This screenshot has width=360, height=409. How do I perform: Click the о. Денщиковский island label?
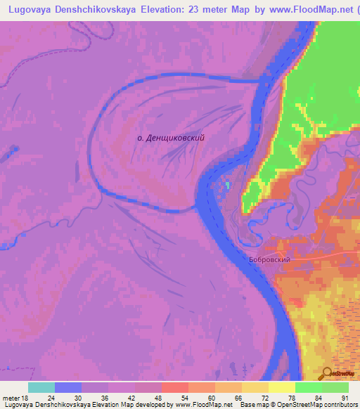(171, 138)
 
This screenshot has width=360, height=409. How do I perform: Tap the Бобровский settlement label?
(269, 259)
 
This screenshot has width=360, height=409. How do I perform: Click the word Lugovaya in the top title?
(32, 9)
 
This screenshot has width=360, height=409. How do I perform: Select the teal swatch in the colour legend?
(41, 387)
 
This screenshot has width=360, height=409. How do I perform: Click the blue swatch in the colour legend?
(67, 387)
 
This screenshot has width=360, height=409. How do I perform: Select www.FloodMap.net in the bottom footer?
(204, 405)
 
